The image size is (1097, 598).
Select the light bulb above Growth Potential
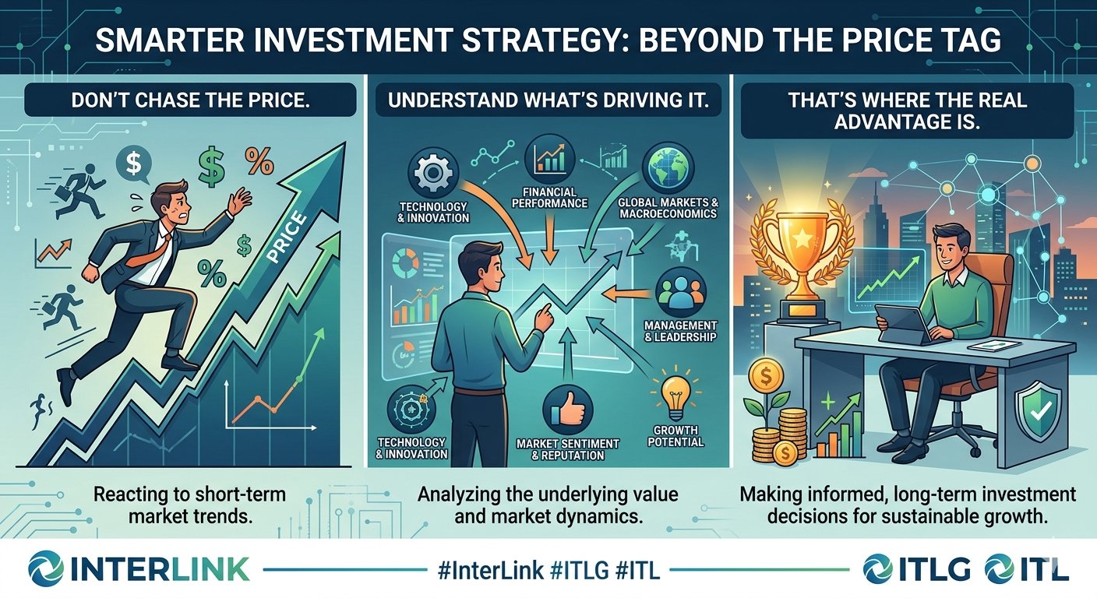pos(675,397)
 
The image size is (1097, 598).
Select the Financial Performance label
pos(549,198)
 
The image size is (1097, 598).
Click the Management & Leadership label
pos(680,331)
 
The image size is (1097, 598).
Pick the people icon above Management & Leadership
pos(681,292)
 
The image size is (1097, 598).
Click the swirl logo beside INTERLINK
pos(45,568)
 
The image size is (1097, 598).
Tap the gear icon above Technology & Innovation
pos(433,172)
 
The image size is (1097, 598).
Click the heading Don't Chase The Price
pos(191,100)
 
